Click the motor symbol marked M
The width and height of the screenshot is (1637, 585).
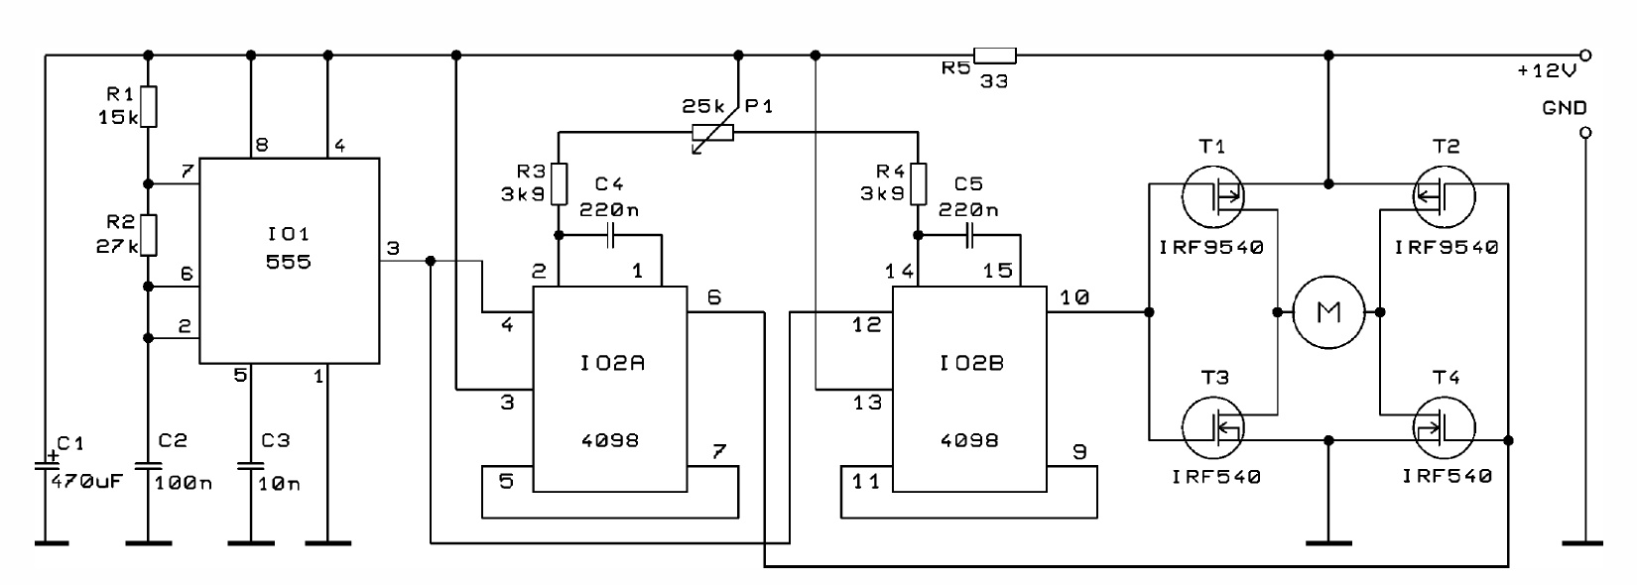pos(1327,312)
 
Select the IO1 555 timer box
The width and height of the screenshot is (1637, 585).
pos(290,261)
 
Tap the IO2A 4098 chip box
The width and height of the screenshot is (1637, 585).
pos(609,389)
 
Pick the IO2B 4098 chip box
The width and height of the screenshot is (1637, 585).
pos(969,389)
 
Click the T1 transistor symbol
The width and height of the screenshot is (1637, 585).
pos(1212,195)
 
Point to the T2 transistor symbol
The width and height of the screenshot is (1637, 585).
pos(1445,195)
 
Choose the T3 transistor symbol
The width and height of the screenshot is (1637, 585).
pos(1212,427)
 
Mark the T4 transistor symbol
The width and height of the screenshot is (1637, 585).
pos(1445,427)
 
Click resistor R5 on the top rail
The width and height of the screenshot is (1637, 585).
pos(995,56)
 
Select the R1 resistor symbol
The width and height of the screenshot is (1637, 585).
pos(149,107)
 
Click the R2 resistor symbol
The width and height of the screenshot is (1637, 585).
pos(149,235)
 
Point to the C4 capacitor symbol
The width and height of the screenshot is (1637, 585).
pos(610,235)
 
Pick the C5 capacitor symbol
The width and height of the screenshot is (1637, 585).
pos(969,235)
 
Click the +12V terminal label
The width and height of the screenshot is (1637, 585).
pos(1547,70)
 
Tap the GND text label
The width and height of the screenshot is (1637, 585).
pos(1565,108)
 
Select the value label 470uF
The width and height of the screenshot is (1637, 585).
pos(87,481)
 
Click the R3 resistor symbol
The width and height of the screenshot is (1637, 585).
pos(559,184)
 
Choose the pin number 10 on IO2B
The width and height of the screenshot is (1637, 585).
pos(1073,297)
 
